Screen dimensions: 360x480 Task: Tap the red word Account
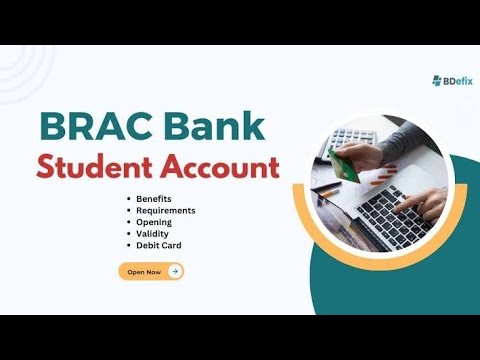click(x=221, y=166)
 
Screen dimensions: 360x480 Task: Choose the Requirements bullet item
click(x=166, y=211)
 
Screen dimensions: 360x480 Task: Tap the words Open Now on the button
click(x=144, y=271)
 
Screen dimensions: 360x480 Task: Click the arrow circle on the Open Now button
click(x=175, y=271)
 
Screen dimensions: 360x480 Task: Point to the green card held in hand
click(x=345, y=164)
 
